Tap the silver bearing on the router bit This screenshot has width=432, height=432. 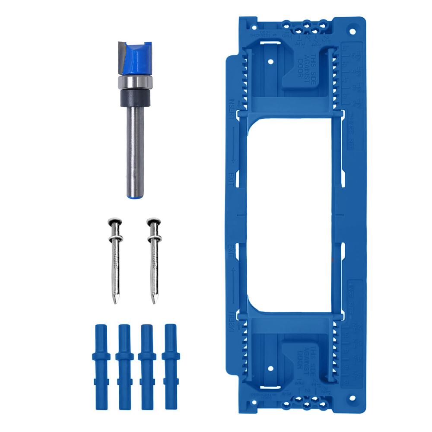[x=135, y=82]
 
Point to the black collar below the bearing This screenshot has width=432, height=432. [x=135, y=98]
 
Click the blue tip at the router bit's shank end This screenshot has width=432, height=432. [x=135, y=195]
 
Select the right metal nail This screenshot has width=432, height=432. [x=153, y=259]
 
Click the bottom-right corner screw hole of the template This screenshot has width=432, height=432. [x=353, y=398]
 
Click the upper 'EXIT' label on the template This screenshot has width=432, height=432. [x=232, y=178]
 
